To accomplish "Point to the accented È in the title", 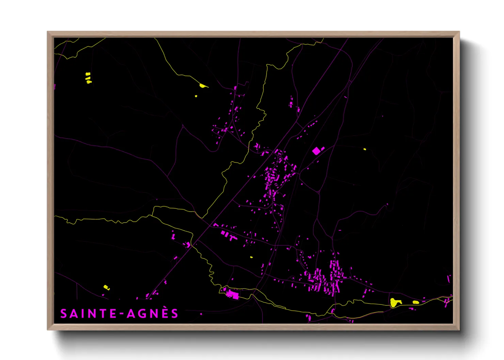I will pos(165,313).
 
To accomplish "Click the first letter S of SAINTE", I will pos(64,314).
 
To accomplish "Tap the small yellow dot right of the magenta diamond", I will pos(365,149).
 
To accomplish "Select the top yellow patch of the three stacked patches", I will pos(88,74).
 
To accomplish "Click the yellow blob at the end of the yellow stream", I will pos(203,86).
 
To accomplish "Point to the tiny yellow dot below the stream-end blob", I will pos(196,96).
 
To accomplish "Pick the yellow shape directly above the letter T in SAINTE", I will pos(106,288).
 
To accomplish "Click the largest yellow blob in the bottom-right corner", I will pos(395,302).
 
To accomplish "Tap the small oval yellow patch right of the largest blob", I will pos(416,302).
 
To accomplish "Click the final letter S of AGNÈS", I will pos(175,314).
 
